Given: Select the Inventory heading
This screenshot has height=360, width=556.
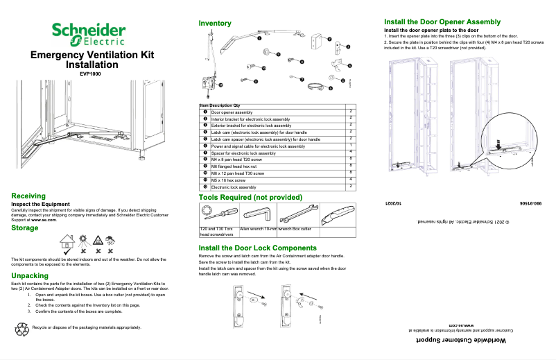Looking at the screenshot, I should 215,24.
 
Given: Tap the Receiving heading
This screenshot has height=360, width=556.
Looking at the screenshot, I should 28,196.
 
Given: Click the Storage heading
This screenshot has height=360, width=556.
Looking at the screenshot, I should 25,228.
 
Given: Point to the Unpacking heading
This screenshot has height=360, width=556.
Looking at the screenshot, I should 30,275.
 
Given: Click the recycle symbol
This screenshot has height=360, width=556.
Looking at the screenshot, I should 21,327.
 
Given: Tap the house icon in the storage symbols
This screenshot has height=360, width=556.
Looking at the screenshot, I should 67,242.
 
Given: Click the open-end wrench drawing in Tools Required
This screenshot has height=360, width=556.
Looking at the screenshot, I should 297,213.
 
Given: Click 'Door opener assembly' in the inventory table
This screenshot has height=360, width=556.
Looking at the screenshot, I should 232,112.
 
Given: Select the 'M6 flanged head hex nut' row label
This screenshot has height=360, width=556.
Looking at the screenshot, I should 238,166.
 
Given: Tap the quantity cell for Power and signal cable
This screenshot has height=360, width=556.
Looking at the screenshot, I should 351,146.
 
